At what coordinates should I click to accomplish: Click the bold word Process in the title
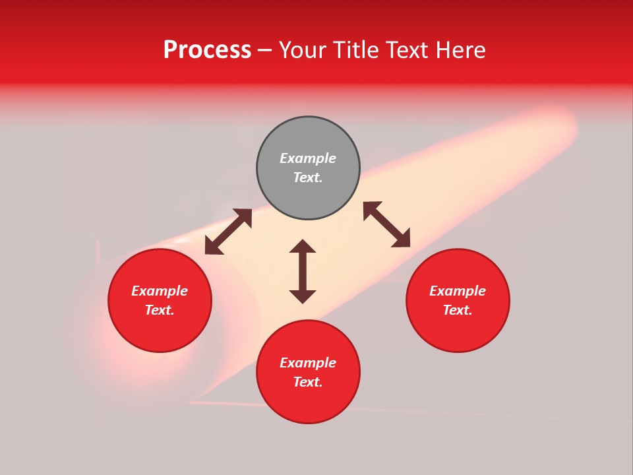[x=207, y=50]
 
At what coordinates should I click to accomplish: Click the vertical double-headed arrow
[x=303, y=271]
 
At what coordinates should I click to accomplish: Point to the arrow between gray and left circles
[x=228, y=232]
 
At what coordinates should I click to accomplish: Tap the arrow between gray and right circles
[x=386, y=224]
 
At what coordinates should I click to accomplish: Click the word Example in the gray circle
[x=308, y=158]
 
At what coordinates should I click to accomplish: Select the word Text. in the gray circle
[x=308, y=177]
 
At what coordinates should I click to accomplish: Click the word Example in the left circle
[x=160, y=291]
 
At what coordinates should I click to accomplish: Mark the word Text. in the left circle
[x=160, y=310]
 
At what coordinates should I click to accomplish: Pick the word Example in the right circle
[x=458, y=291]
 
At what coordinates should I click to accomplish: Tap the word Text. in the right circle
[x=458, y=310]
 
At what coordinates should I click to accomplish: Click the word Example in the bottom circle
[x=308, y=363]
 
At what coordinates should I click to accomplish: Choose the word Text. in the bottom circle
[x=308, y=382]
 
